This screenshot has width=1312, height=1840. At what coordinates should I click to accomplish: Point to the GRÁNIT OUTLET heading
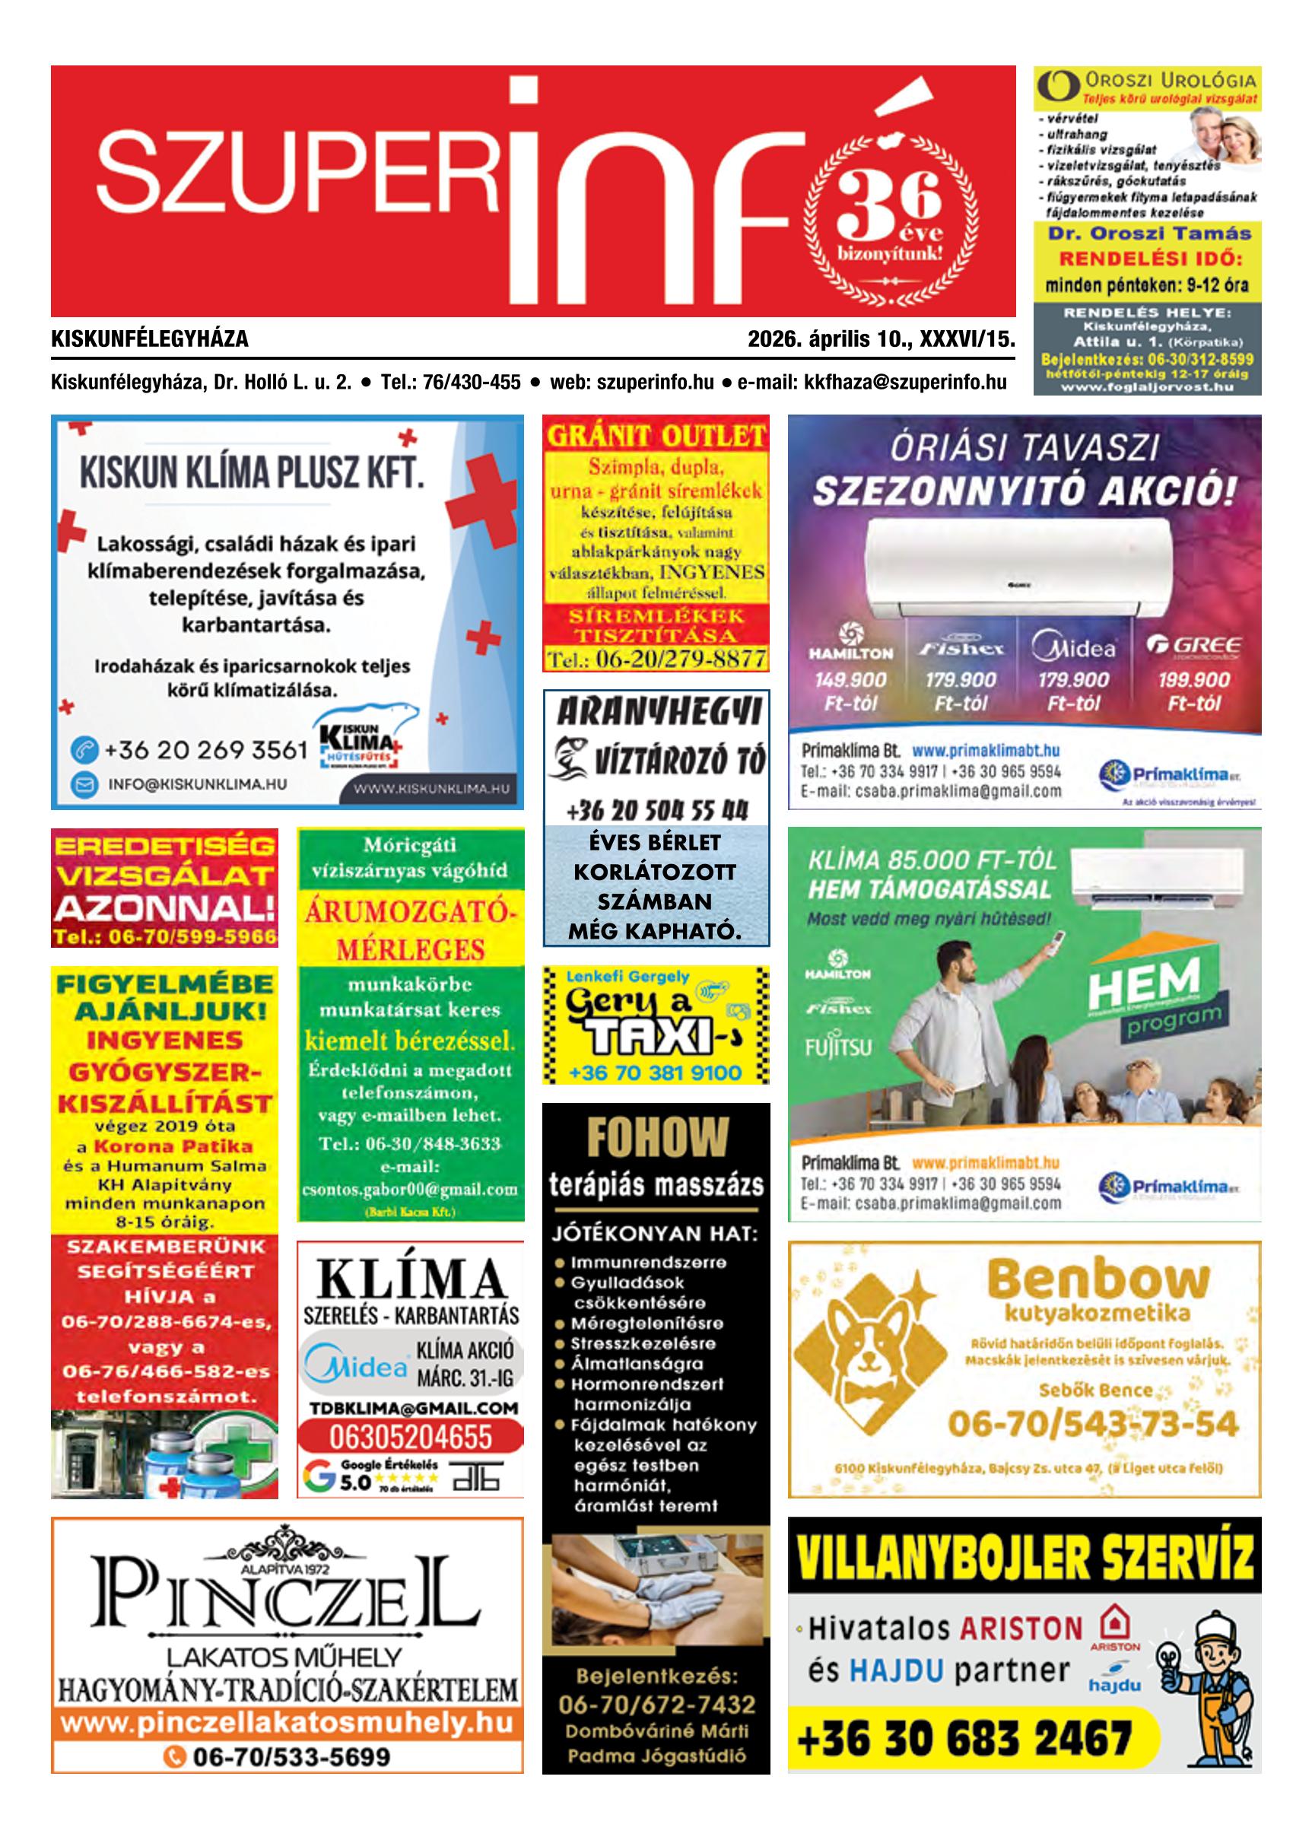[x=656, y=436]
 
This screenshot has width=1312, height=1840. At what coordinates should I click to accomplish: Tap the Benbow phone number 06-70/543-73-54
[x=1093, y=1424]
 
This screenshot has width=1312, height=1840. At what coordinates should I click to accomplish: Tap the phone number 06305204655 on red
[x=410, y=1438]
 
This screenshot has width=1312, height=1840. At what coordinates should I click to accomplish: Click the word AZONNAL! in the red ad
[x=164, y=910]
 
